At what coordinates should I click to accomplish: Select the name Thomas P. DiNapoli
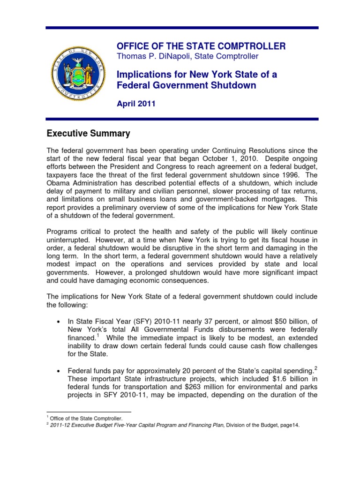tap(150, 56)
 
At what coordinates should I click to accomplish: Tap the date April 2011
tap(135, 104)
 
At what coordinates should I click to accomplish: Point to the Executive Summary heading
tap(88, 134)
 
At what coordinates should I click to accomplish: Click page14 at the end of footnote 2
tap(289, 425)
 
